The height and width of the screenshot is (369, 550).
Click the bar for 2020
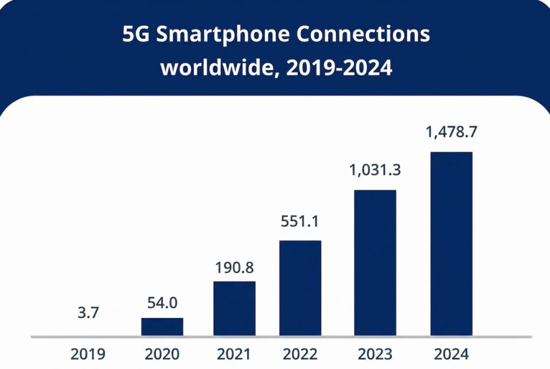162,327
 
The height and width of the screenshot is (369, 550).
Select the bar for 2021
234,309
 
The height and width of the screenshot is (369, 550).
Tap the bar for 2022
300,288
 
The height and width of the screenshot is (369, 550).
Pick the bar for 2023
375,263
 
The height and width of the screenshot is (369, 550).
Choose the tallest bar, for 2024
451,244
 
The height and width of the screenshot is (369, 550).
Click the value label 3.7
88,312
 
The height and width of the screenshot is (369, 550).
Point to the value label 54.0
162,302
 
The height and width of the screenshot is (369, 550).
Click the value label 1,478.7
451,133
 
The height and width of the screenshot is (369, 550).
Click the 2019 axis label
88,354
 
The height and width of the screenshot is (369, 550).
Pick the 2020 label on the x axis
162,354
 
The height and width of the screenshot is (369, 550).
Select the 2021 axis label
234,354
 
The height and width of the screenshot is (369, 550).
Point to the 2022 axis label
300,354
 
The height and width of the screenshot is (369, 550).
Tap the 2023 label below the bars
375,354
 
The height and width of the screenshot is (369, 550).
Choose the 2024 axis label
451,354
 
